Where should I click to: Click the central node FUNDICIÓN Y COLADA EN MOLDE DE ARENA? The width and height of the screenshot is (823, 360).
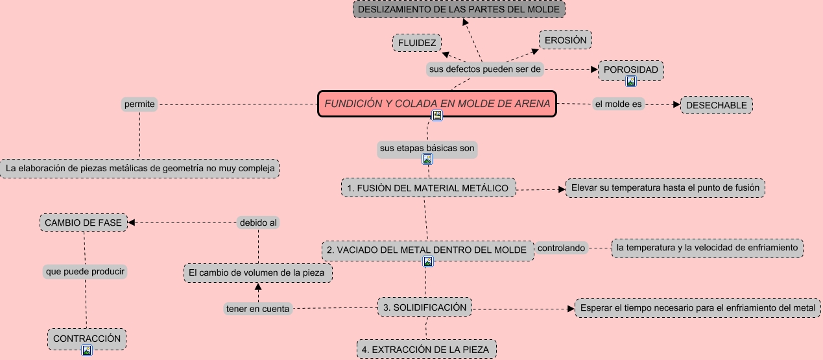tap(436, 104)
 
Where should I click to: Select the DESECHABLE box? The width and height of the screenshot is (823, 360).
tap(716, 105)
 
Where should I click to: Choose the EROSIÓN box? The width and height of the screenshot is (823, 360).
tap(566, 40)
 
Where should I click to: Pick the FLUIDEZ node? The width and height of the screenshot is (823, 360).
tap(417, 43)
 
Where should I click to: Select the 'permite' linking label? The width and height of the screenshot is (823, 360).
tap(139, 104)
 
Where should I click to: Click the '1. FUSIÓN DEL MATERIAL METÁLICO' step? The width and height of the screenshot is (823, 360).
tap(428, 187)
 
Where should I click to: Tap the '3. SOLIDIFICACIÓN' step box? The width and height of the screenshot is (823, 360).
tap(425, 307)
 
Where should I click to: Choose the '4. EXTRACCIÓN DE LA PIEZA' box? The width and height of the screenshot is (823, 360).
tap(427, 350)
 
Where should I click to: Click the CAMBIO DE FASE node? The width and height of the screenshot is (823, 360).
tap(83, 222)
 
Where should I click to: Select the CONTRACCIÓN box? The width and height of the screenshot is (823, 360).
tap(87, 338)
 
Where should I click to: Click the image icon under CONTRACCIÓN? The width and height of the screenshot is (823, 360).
tap(87, 350)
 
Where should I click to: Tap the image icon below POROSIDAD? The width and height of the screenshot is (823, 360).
tap(630, 81)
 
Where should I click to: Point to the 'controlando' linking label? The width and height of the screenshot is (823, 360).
tap(561, 248)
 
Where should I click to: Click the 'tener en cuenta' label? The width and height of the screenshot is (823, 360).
tap(257, 309)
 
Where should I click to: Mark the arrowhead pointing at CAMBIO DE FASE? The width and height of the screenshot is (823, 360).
tap(132, 223)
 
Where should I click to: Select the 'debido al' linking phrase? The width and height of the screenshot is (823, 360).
tap(258, 222)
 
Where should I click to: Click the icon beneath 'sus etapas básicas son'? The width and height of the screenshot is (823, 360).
tap(427, 159)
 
